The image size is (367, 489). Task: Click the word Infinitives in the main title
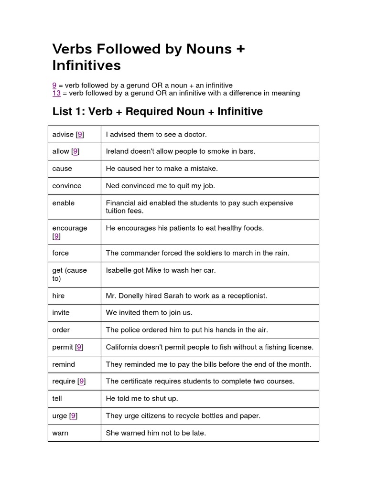(x=86, y=65)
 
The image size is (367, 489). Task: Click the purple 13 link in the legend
(x=56, y=93)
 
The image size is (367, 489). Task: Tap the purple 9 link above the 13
(x=54, y=85)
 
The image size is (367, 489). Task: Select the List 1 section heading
(x=157, y=112)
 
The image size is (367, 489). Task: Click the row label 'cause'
(x=62, y=169)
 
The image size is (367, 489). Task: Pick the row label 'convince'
(x=67, y=186)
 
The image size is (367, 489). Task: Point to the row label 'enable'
(x=64, y=203)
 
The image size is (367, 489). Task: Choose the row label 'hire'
(x=58, y=296)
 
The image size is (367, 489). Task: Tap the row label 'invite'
(x=61, y=313)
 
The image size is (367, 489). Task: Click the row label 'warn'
(x=60, y=433)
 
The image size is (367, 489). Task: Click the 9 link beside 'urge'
(x=73, y=416)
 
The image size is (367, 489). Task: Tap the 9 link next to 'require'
(x=82, y=381)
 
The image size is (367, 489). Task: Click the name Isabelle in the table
(x=119, y=270)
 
